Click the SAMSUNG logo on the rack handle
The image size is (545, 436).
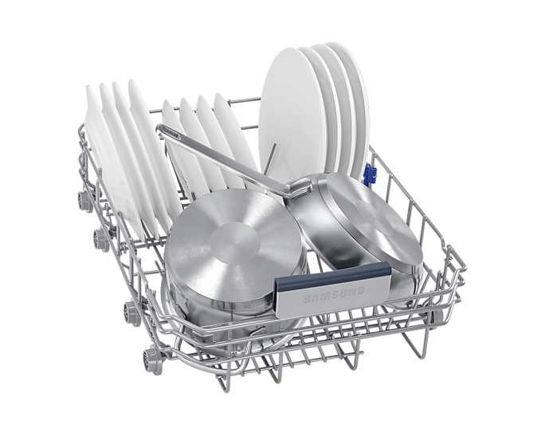[x=334, y=294]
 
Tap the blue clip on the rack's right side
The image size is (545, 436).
[x=370, y=174]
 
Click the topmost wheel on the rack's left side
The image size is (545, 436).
[x=84, y=201]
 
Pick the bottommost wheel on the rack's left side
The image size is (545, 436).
[x=153, y=360]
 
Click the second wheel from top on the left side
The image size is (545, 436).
[x=101, y=239]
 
